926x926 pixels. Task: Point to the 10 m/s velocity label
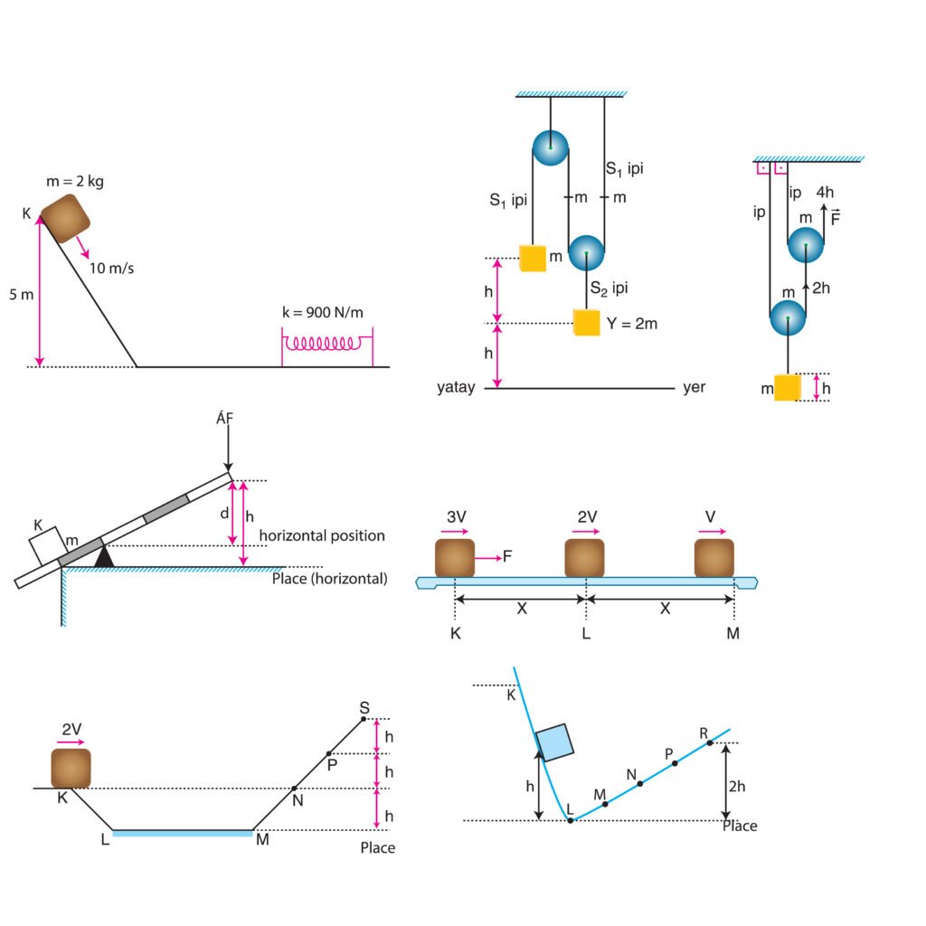[111, 268]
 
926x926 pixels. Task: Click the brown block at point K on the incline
[66, 218]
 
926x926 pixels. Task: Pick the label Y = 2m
[631, 323]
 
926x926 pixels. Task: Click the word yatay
[456, 388]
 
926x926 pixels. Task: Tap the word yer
[694, 388]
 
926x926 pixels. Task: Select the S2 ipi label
[609, 288]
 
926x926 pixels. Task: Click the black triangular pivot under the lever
[104, 556]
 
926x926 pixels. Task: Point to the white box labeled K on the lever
[46, 545]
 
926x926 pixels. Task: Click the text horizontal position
[322, 535]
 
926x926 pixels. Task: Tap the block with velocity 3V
[455, 558]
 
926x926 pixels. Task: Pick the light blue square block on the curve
[554, 742]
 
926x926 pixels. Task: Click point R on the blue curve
[710, 742]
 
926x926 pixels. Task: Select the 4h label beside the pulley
[825, 192]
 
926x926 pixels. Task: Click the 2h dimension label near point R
[737, 786]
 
